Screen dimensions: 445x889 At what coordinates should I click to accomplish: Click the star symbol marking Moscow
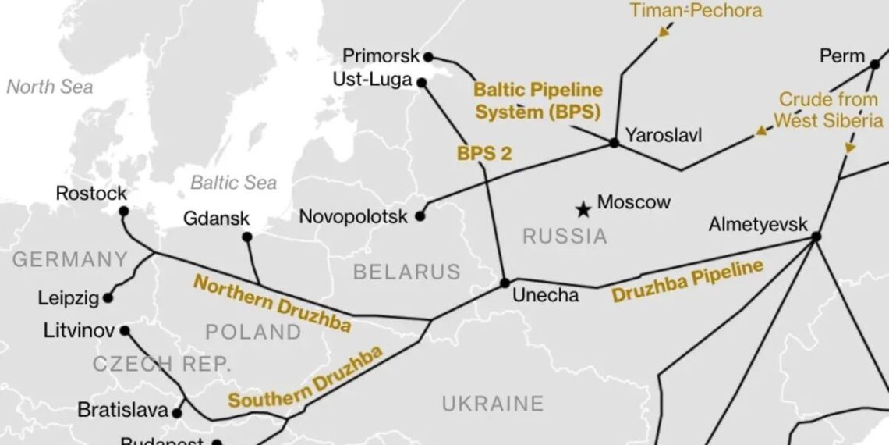(x=583, y=208)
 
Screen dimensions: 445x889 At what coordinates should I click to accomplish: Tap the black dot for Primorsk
(x=427, y=56)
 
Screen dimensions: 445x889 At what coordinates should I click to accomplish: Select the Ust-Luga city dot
(x=421, y=82)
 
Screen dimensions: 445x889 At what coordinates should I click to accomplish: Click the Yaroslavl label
(x=663, y=135)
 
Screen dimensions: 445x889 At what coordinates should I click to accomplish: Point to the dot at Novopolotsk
(x=420, y=216)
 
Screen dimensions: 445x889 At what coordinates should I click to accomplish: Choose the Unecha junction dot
(x=505, y=283)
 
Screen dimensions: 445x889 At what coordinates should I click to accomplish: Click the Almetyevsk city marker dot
(x=816, y=237)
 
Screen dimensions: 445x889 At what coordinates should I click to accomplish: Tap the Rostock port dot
(x=123, y=211)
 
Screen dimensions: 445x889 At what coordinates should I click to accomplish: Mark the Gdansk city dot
(x=246, y=237)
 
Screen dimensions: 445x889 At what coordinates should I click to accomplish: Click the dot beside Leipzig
(x=108, y=297)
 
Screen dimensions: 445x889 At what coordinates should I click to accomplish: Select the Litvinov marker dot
(x=125, y=330)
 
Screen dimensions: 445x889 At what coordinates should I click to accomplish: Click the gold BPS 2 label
(x=484, y=153)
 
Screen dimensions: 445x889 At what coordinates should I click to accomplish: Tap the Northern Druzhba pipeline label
(x=271, y=303)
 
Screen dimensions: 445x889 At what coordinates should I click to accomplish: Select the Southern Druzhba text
(x=306, y=378)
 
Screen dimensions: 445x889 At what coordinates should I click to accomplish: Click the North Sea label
(x=49, y=87)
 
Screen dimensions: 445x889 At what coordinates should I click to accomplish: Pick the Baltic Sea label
(x=233, y=183)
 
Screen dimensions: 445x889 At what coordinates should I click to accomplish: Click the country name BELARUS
(x=406, y=272)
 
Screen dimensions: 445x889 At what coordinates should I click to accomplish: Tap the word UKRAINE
(x=492, y=404)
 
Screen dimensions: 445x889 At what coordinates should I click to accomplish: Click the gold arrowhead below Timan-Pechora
(x=664, y=31)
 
